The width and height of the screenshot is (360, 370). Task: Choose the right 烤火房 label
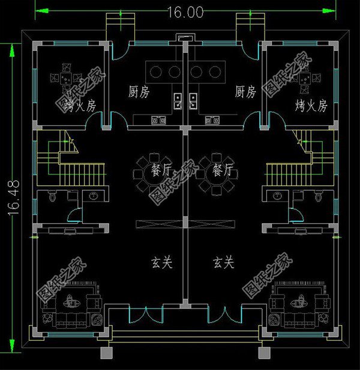tap(311, 106)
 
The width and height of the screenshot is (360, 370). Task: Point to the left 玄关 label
tap(162, 263)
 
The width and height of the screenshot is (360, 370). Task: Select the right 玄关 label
tap(223, 263)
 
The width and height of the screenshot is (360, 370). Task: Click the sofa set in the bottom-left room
tap(71, 308)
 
